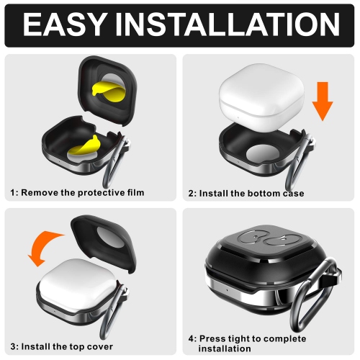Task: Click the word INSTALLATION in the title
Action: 228,24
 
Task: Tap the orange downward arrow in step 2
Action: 323,101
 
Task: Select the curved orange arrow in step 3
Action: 45,247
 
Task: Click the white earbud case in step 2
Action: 261,96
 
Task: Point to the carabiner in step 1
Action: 114,163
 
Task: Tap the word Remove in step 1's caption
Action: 40,192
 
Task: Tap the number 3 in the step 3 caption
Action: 13,347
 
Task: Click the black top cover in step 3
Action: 104,243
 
